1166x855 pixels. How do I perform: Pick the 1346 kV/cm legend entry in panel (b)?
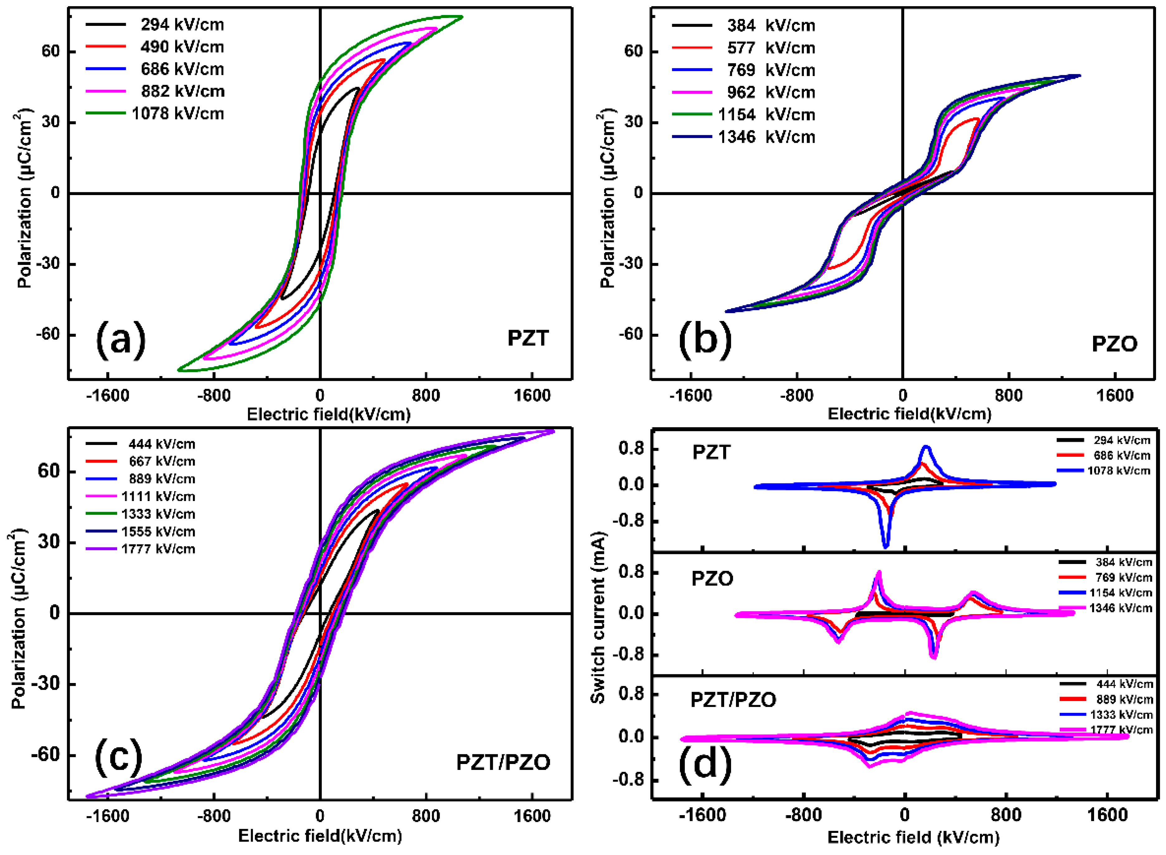(x=766, y=137)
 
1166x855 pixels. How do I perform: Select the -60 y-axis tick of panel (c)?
(x=48, y=755)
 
